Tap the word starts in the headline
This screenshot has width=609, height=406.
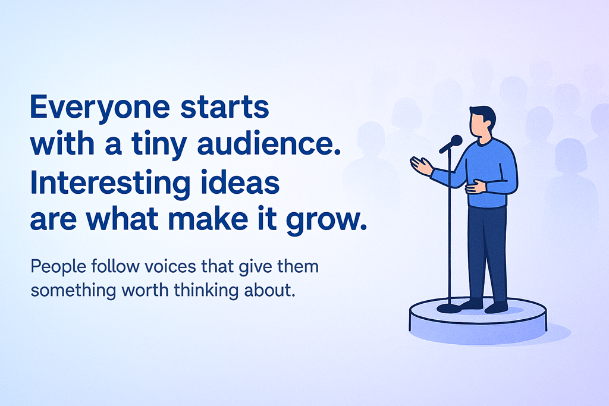[225, 107]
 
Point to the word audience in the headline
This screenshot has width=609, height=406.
[269, 144]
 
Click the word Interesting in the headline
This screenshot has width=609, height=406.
[110, 184]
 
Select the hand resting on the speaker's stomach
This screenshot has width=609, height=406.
[476, 187]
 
